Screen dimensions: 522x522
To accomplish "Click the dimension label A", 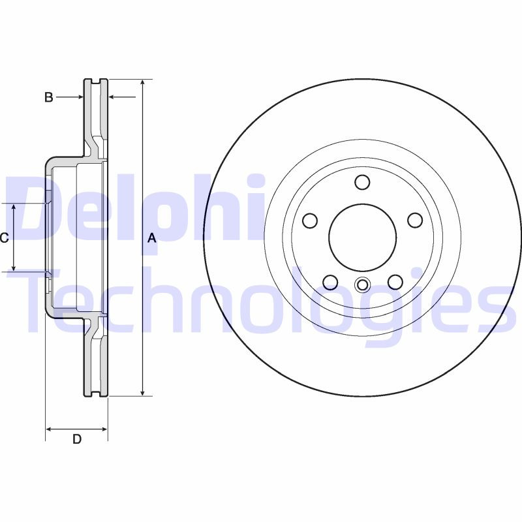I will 152,238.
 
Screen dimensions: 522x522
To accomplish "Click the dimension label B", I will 48,97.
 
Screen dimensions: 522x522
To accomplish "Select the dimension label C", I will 4,238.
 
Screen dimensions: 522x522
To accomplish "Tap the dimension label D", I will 76,439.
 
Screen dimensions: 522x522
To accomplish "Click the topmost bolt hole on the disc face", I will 362,182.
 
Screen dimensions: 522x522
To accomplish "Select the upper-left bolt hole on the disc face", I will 311,221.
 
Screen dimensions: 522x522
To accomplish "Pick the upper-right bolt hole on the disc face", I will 415,221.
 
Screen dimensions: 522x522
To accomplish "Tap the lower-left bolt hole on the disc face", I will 330,282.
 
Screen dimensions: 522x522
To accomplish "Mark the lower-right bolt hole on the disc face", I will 395,282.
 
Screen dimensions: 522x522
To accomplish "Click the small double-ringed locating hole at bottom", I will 362,284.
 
